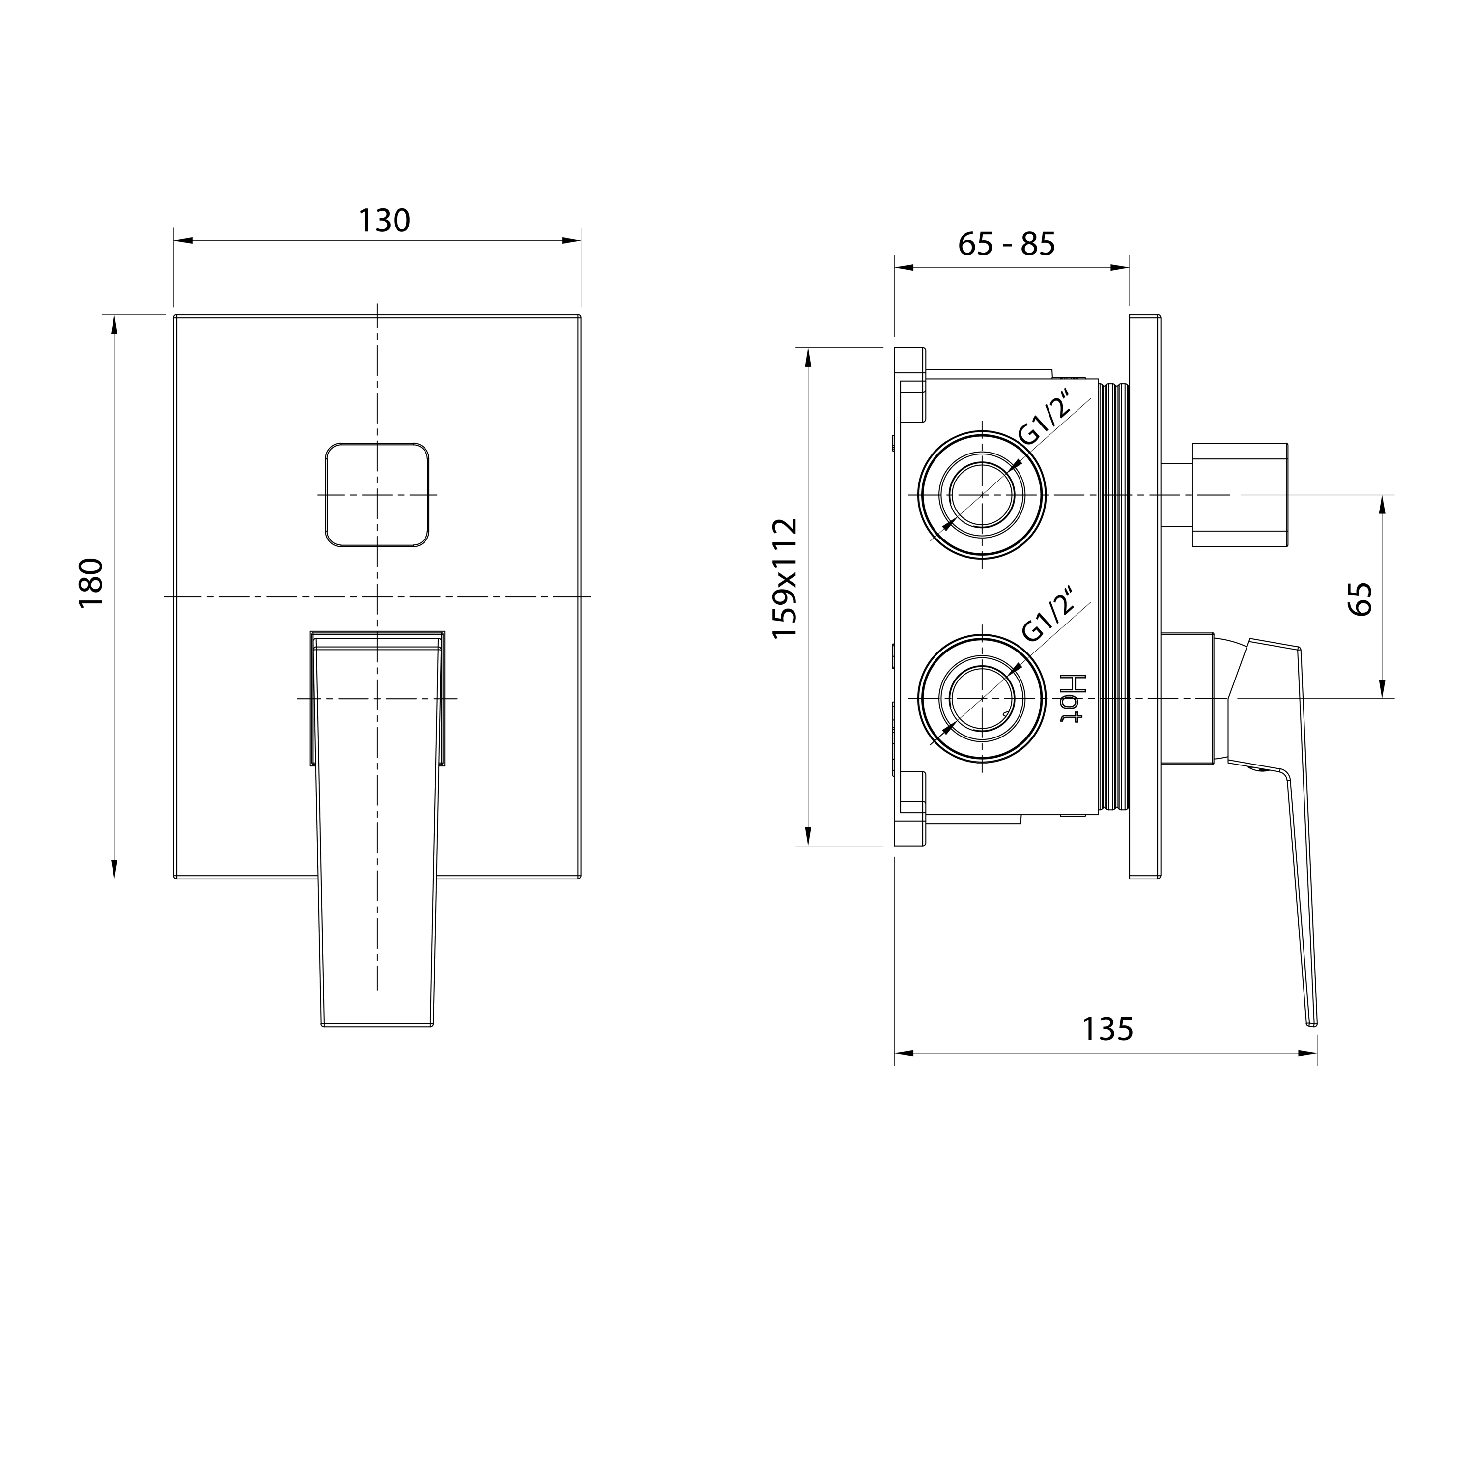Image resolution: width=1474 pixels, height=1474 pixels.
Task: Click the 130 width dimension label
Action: (385, 221)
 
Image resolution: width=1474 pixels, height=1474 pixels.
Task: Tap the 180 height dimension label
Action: (91, 583)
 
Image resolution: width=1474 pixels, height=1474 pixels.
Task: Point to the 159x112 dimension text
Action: (785, 578)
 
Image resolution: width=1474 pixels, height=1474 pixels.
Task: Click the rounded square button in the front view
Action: (377, 495)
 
